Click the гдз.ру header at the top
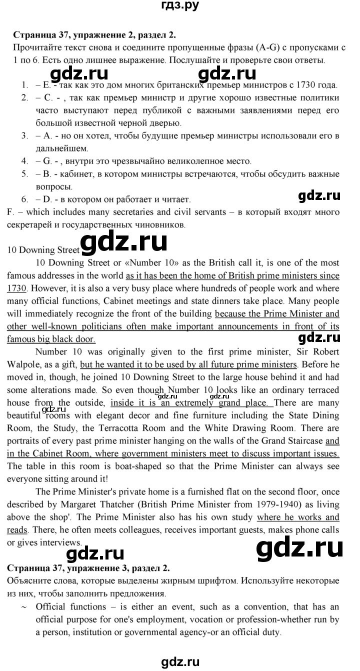pos(180,6)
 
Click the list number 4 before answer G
pos(24,161)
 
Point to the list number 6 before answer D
pos(24,199)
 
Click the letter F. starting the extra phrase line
pos(10,212)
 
